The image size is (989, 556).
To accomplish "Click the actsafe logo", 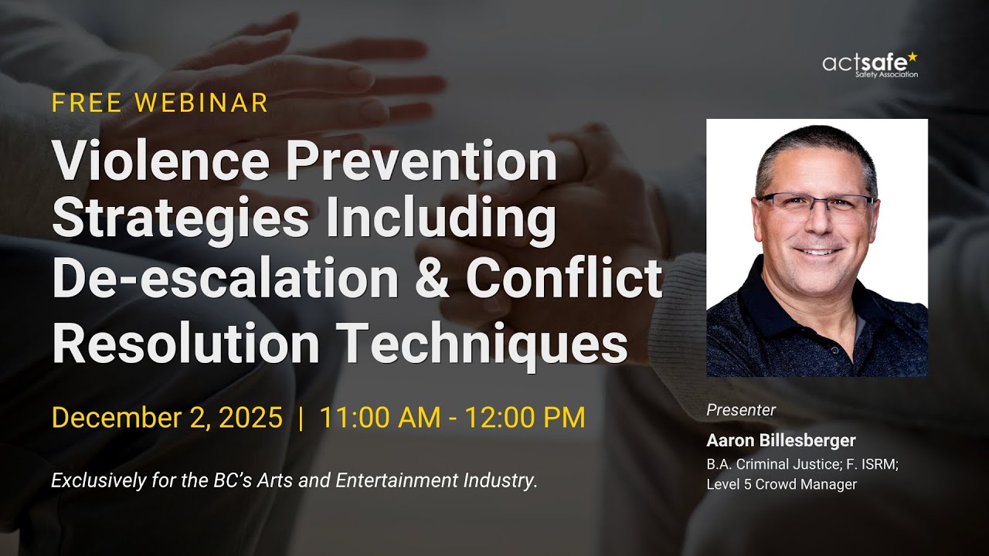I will [x=870, y=65].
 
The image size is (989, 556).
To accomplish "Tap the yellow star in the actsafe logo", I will [x=913, y=56].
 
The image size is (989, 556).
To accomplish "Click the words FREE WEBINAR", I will [x=160, y=103].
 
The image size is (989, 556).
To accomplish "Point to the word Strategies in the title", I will [x=181, y=220].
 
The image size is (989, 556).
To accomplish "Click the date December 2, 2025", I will [x=167, y=418].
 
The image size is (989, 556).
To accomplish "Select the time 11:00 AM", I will [x=376, y=418].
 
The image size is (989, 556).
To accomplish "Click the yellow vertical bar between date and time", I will [x=301, y=418].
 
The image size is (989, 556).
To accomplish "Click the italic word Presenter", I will [x=741, y=410].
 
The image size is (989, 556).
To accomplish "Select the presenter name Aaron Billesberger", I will [x=781, y=440].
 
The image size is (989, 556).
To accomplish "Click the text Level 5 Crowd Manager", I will [x=781, y=484].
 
